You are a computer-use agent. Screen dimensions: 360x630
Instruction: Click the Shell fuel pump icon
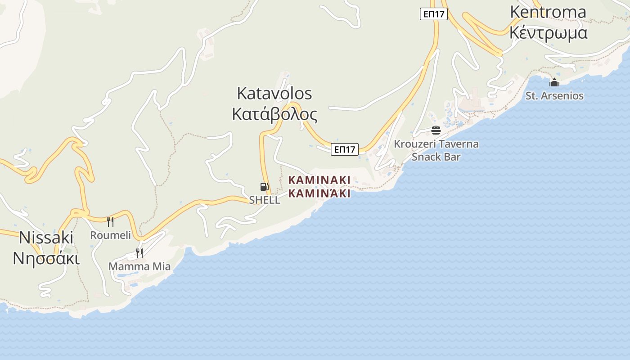(265, 187)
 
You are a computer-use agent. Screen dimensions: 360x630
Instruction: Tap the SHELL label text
(265, 200)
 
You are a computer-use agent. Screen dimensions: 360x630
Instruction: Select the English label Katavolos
(274, 94)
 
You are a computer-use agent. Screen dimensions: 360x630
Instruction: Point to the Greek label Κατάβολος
(274, 114)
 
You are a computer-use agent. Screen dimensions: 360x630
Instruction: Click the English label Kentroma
(548, 12)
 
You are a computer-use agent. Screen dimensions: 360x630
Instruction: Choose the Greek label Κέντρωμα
(548, 33)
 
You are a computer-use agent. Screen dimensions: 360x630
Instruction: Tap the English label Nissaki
(46, 237)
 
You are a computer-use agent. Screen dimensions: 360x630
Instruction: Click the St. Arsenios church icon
(554, 82)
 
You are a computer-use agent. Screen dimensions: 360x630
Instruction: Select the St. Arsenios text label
(554, 96)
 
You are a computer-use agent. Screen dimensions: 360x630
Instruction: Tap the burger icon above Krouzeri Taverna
(436, 130)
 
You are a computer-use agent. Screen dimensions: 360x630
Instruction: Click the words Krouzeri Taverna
(436, 144)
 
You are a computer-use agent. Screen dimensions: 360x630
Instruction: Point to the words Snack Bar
(436, 157)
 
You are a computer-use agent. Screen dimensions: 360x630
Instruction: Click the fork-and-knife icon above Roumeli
(110, 221)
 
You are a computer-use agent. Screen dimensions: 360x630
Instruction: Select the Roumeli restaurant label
(110, 235)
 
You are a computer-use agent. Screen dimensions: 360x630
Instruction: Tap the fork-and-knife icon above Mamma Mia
(139, 253)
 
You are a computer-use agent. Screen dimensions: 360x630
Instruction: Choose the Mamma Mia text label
(139, 266)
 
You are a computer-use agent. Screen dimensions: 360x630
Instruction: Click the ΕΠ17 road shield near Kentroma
(434, 14)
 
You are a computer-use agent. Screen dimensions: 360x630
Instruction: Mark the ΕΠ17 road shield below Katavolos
(345, 149)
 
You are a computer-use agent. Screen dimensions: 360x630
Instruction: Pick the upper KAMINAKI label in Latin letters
(319, 180)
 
